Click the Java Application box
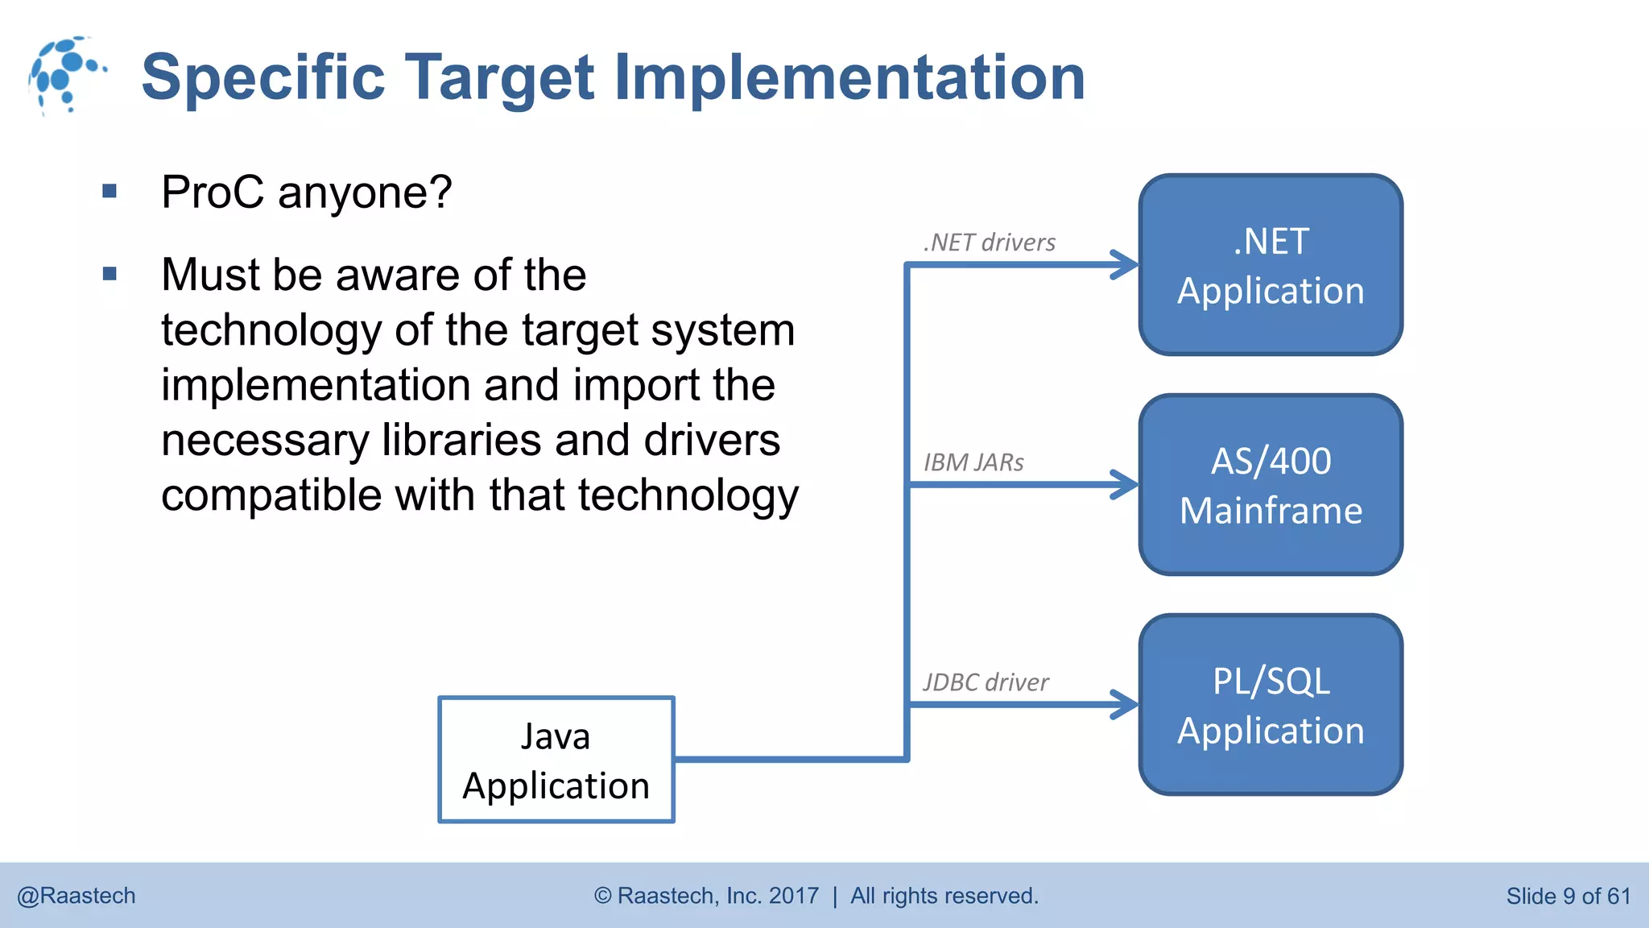[556, 760]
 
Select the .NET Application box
[1271, 265]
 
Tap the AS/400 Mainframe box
[1271, 485]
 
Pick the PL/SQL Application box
[1271, 705]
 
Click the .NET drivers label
[989, 242]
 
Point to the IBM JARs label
[973, 462]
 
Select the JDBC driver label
[986, 682]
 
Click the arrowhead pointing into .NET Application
[1125, 264]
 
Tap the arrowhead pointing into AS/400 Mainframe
[1125, 485]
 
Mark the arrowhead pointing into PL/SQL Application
[1125, 705]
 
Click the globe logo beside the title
[64, 75]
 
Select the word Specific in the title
[263, 77]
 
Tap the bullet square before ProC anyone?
[110, 192]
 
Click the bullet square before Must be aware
[110, 274]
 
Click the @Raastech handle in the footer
[76, 896]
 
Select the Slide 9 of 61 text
[1568, 896]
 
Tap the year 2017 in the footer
[793, 896]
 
